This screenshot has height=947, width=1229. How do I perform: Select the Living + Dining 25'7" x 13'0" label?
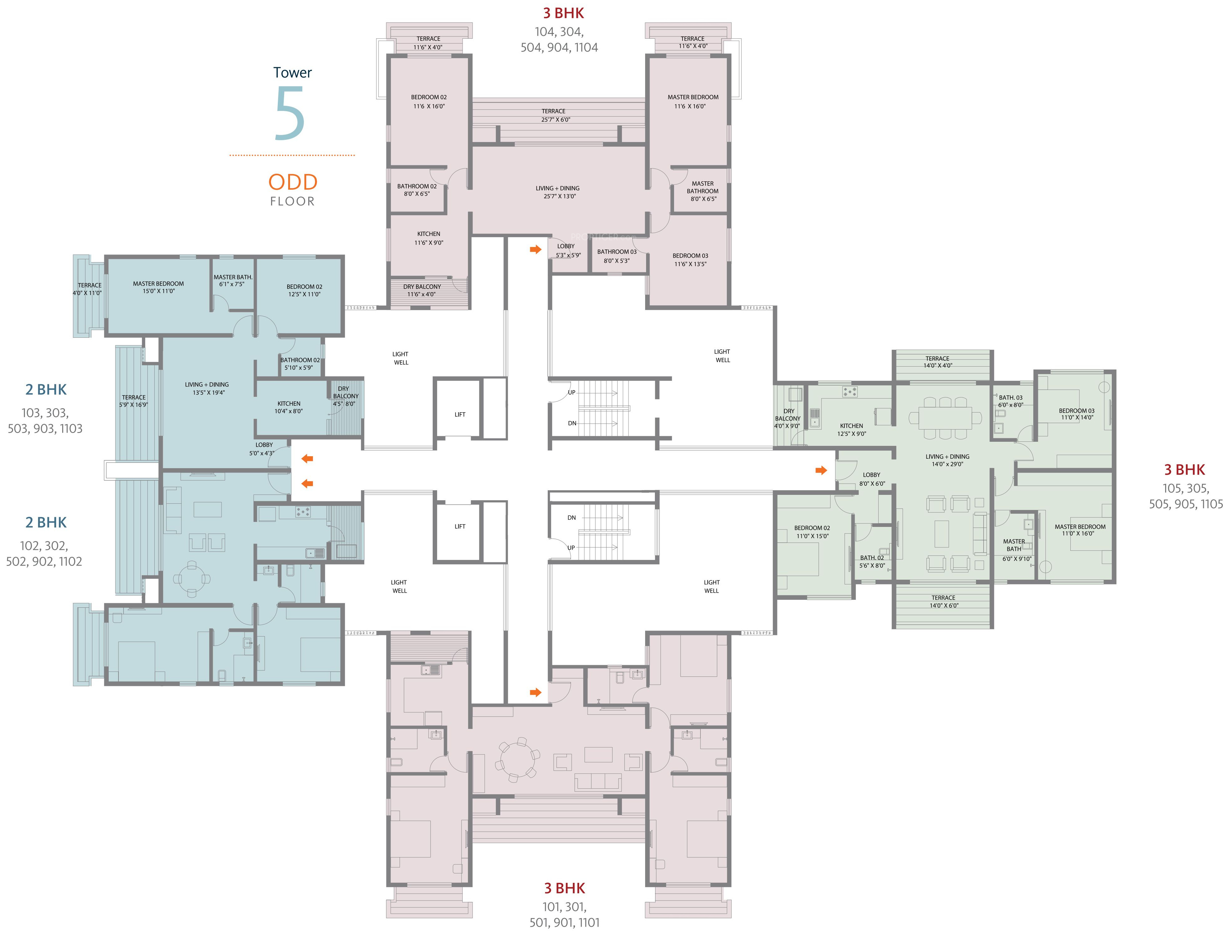(558, 192)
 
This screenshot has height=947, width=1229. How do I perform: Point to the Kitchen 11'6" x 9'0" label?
(429, 238)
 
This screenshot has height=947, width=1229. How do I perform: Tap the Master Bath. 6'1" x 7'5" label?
(233, 280)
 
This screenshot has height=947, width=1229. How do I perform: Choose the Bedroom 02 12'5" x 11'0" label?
(305, 290)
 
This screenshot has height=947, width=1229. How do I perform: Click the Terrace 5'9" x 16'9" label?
(133, 401)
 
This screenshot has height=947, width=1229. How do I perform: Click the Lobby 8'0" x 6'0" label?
(872, 479)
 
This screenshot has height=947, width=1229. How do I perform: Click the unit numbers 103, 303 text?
(45, 413)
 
